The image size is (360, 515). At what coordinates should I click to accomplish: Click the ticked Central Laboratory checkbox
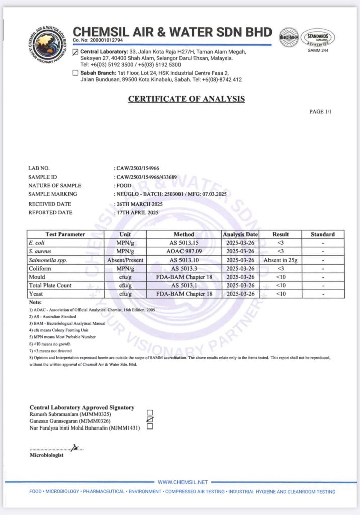click(x=76, y=52)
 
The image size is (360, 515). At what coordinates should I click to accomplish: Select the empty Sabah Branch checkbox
click(x=76, y=73)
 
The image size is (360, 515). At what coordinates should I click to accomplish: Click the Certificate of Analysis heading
click(x=187, y=99)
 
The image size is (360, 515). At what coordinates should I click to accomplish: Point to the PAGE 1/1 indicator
click(x=320, y=111)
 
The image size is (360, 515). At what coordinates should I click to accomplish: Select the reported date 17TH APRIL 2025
click(x=137, y=213)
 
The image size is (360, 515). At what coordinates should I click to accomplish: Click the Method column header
click(x=184, y=234)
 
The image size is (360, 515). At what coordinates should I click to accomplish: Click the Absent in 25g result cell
click(x=281, y=260)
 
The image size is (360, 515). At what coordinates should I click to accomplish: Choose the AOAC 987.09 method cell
click(x=184, y=251)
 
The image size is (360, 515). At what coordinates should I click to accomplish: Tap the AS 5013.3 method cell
click(x=184, y=268)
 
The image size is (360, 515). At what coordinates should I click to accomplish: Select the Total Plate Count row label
click(x=50, y=285)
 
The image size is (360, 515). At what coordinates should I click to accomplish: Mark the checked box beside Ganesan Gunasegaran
click(x=150, y=420)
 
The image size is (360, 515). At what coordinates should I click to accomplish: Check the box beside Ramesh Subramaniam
click(x=150, y=413)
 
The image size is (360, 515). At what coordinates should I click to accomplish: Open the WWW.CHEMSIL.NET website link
click(x=183, y=482)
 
